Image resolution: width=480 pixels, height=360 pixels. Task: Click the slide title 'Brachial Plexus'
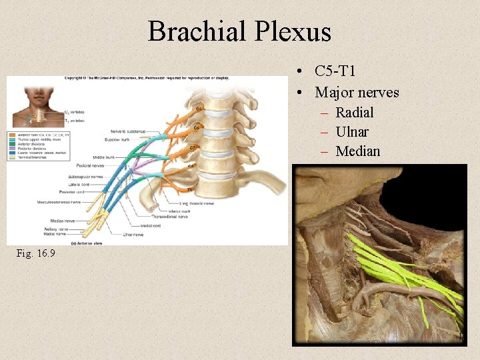(x=239, y=31)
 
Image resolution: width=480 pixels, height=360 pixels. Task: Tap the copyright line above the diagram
(x=147, y=78)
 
